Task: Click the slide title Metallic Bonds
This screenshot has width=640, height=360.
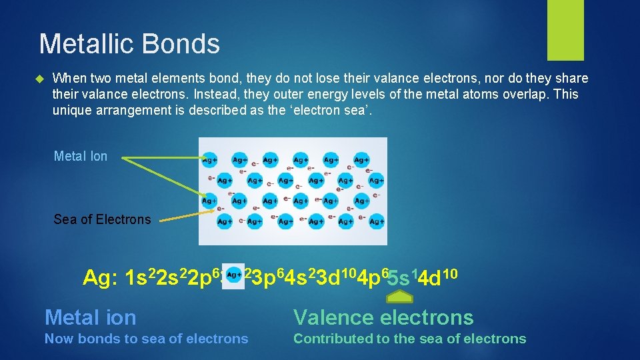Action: point(129,44)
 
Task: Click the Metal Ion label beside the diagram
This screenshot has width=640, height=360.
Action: point(80,156)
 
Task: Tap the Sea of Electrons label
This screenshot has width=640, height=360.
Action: point(102,219)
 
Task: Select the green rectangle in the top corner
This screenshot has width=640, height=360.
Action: point(565,29)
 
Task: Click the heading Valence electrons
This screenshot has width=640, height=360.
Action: point(383,317)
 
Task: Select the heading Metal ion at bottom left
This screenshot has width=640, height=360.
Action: point(90,317)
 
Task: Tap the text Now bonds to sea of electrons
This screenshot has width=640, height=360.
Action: point(146,339)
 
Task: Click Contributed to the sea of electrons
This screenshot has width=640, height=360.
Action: point(409,339)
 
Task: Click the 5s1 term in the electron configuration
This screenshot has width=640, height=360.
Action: point(400,276)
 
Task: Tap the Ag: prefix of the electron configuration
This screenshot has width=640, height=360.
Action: point(101,277)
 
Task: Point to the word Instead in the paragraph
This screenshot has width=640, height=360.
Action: point(244,94)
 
